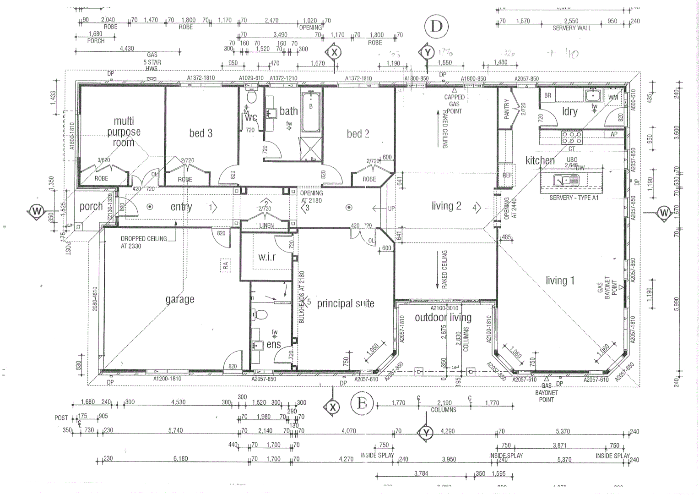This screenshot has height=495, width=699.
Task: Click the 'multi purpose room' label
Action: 124,132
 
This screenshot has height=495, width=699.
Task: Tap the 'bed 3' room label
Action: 200,133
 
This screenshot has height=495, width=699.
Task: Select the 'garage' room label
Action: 180,299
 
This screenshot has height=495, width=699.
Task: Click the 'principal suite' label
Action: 345,303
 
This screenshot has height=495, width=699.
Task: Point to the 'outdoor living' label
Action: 443,317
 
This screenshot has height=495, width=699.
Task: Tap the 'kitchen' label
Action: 540,160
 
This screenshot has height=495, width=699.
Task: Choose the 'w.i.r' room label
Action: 266,257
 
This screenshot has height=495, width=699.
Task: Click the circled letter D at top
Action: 436,27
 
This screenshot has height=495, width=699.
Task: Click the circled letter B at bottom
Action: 362,404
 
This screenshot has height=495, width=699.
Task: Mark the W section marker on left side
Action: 36,212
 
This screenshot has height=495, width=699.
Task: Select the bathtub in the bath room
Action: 311,112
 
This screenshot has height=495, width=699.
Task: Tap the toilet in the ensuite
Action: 262,315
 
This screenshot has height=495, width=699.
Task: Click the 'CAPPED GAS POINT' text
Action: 454,104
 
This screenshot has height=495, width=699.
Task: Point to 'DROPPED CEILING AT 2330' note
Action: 143,242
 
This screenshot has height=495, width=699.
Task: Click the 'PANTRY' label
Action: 506,109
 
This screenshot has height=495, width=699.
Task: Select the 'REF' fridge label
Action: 507,176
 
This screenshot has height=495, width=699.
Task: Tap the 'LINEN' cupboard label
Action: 266,225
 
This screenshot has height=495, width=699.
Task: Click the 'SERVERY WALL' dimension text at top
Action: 571,28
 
